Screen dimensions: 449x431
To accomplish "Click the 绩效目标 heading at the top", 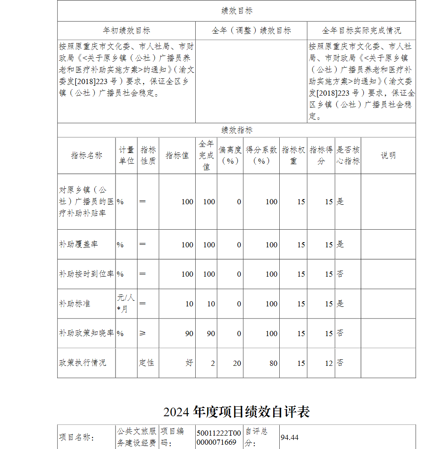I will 237,11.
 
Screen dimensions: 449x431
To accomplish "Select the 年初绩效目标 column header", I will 126,31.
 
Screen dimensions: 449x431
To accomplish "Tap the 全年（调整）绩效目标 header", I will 251,31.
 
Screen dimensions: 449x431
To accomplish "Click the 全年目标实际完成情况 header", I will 361,31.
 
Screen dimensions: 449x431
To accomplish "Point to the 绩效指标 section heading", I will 237,130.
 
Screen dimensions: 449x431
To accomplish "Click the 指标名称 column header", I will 87,156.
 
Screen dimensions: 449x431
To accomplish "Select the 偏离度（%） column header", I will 230,156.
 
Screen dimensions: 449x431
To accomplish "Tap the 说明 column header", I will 388,156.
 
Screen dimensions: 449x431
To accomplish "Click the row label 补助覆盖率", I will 78,244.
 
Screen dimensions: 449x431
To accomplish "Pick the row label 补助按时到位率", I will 86,274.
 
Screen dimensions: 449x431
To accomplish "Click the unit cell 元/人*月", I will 126,303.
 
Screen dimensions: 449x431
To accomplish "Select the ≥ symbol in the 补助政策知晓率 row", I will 143,334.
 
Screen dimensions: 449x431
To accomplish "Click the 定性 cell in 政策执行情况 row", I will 146,363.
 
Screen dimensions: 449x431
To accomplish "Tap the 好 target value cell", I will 189,363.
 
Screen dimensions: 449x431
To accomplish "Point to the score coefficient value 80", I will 274,363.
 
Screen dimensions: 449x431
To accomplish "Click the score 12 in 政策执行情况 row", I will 329,363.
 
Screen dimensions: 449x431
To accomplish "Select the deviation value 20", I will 237,363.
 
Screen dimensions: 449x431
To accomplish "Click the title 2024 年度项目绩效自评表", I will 236,412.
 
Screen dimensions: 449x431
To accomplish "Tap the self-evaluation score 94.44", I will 290,437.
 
